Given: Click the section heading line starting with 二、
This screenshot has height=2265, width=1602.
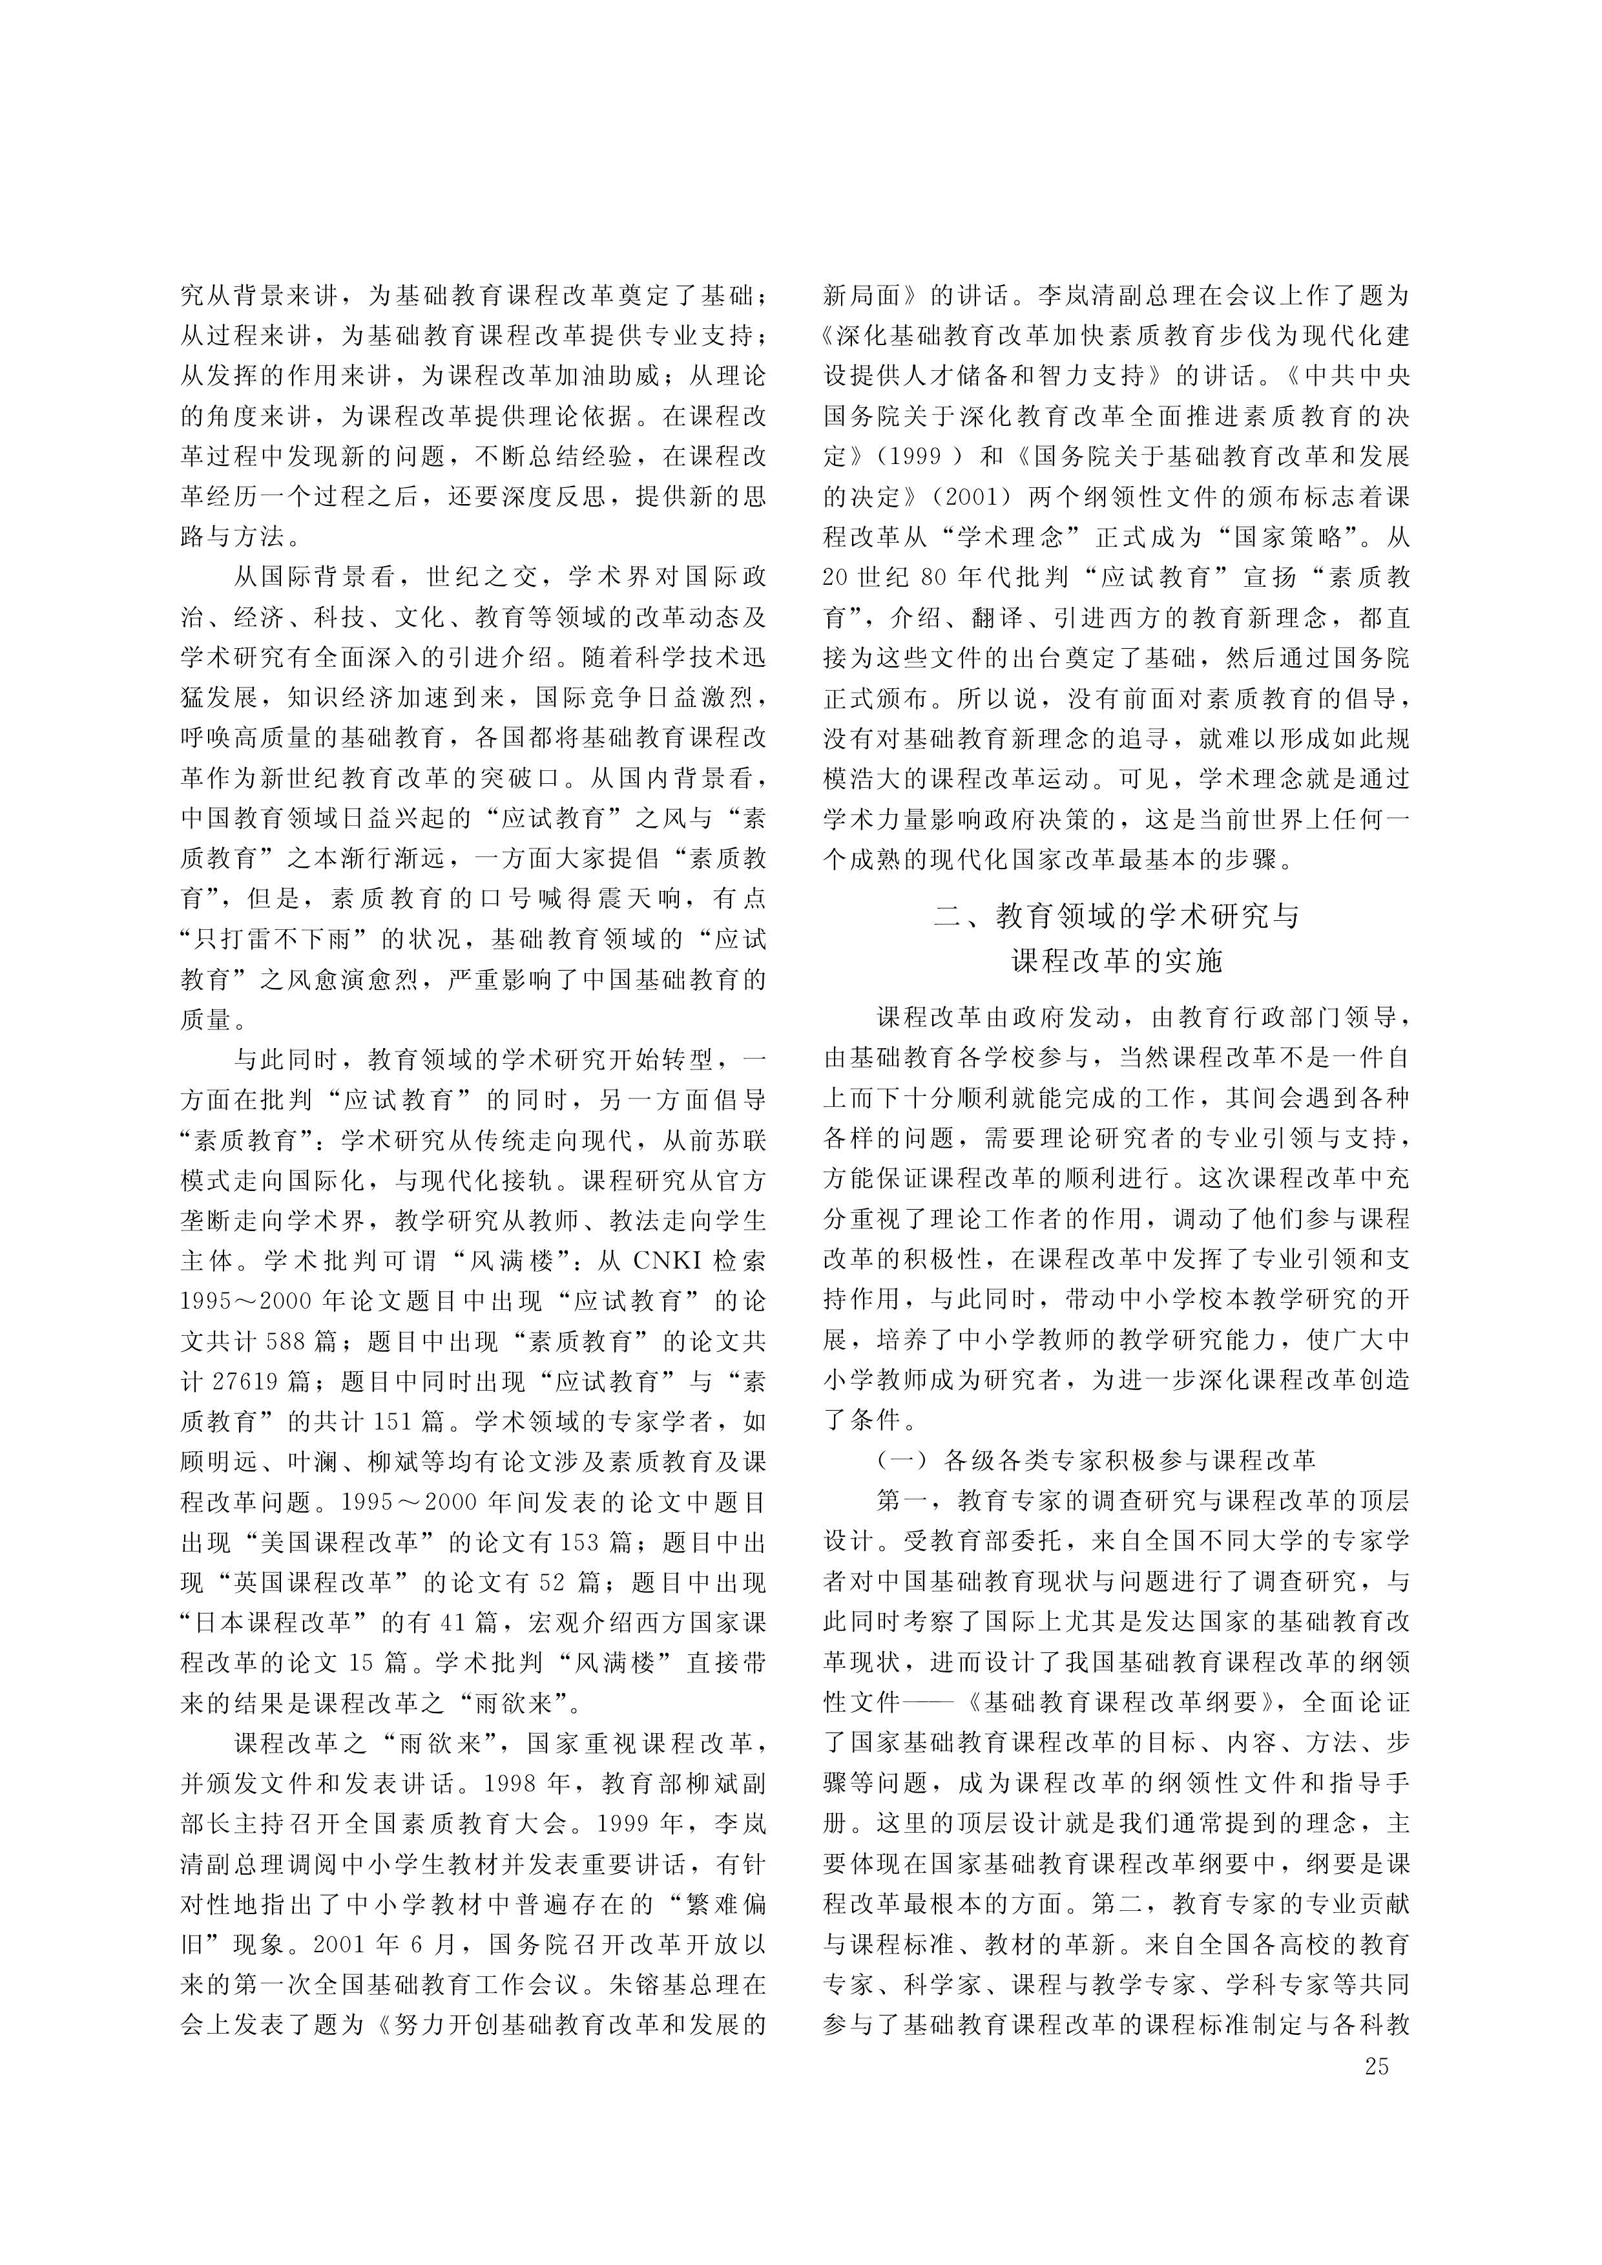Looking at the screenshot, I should [x=1117, y=917].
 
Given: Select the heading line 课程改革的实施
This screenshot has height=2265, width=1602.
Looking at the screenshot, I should [x=1117, y=960].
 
